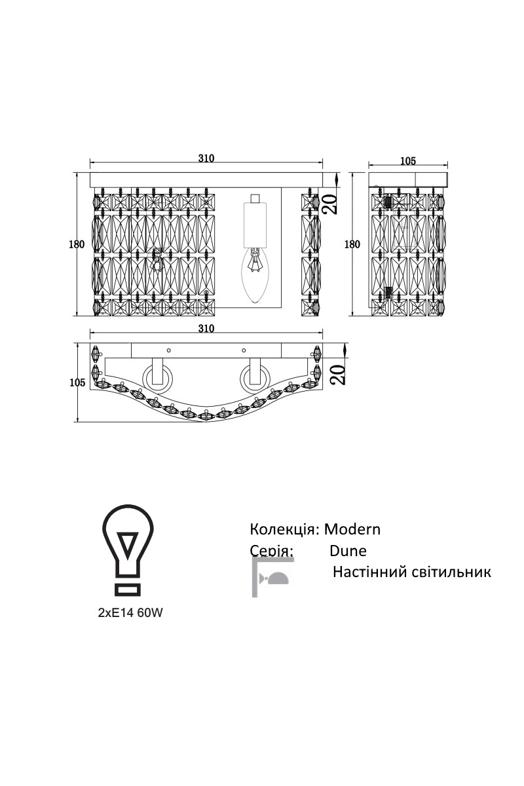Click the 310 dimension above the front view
tap(206, 158)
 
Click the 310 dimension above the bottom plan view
tap(206, 328)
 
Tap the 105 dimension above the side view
tap(407, 160)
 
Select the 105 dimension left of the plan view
tap(77, 383)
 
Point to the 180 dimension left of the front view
tap(77, 244)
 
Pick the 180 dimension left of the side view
tap(352, 244)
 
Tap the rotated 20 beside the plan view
tap(337, 375)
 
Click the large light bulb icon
tap(128, 551)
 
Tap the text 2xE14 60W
tap(129, 613)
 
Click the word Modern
tap(352, 529)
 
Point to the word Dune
tap(348, 550)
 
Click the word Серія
tap(271, 550)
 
